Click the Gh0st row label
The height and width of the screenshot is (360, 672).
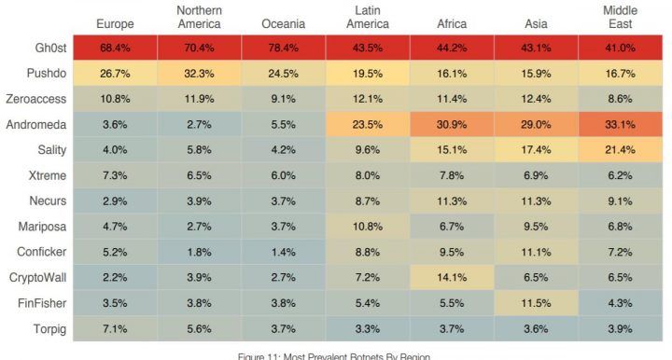50,48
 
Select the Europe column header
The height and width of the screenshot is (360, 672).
115,24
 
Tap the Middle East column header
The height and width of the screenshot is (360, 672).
620,17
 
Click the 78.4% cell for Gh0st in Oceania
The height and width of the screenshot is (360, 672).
284,48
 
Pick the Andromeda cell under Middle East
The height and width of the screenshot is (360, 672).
620,125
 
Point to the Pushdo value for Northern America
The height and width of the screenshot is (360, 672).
200,74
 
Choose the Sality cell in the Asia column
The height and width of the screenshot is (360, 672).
536,150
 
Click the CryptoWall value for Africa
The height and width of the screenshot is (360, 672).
452,277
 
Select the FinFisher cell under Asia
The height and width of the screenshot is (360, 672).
536,303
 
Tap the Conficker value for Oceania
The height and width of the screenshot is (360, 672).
284,252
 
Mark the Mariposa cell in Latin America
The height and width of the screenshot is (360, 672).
368,227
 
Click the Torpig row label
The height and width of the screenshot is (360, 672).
49,329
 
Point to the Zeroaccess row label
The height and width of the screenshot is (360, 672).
36,99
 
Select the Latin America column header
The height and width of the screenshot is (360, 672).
368,17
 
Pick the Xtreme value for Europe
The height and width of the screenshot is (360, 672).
115,175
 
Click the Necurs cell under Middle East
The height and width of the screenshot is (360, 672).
620,201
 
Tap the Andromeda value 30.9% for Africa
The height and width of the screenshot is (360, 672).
452,125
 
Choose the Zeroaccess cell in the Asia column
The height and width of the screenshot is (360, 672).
536,99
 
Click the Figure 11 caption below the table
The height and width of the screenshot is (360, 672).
334,356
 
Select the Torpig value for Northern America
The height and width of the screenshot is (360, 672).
200,328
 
